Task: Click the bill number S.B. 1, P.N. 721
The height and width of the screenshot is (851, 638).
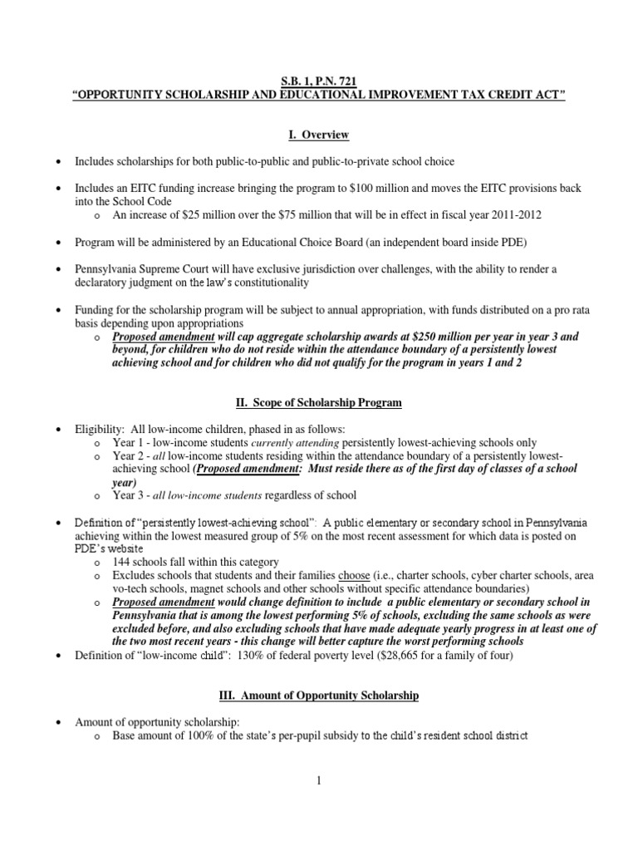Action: (x=319, y=84)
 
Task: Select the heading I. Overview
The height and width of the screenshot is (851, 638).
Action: (x=319, y=135)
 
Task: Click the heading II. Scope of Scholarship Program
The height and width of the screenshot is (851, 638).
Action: (x=319, y=403)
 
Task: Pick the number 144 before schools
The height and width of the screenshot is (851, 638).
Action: (x=122, y=563)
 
